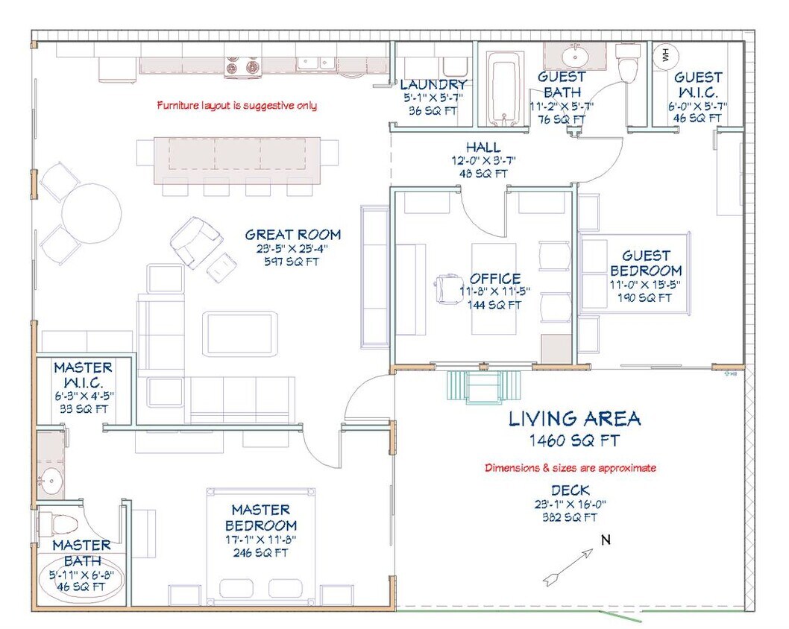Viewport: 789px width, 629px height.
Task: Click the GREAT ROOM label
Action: [x=292, y=236]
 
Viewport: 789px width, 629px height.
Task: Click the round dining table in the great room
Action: [x=91, y=213]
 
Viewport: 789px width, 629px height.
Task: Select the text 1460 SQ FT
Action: [x=573, y=440]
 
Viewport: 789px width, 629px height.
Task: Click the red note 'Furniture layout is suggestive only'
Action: [x=236, y=105]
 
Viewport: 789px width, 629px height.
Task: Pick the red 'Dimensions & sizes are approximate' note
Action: [x=570, y=468]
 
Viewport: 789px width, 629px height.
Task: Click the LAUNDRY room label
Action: [x=433, y=85]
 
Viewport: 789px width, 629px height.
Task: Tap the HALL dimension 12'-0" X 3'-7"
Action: [x=483, y=160]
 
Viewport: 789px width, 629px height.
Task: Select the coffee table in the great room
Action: [x=239, y=333]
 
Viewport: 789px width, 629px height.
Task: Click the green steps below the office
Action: [x=484, y=386]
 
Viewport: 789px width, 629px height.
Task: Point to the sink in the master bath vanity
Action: [x=50, y=481]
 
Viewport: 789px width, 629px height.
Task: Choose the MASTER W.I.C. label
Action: [x=84, y=375]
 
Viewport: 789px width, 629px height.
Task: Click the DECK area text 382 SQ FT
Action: [x=570, y=516]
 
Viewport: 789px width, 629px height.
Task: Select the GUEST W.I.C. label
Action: [x=698, y=85]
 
